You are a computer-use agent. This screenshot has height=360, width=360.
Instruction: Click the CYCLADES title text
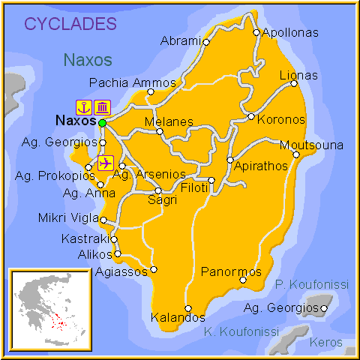click(75, 23)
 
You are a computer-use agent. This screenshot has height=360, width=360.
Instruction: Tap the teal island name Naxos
click(88, 59)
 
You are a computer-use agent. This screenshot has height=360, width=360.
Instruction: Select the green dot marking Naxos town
click(102, 121)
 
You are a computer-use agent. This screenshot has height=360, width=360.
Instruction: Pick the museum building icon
click(103, 106)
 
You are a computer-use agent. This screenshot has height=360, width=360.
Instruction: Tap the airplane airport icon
click(105, 162)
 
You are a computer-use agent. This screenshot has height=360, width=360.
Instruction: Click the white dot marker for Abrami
click(206, 42)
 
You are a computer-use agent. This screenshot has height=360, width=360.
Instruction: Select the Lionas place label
click(298, 75)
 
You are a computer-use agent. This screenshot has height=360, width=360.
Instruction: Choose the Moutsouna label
click(311, 145)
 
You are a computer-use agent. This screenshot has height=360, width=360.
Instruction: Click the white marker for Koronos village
click(251, 116)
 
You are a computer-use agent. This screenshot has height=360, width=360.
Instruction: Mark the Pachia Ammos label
click(133, 82)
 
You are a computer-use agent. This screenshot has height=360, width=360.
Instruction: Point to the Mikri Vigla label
click(67, 218)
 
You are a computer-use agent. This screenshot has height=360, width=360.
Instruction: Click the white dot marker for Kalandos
click(188, 308)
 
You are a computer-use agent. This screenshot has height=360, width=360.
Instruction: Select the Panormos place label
click(232, 271)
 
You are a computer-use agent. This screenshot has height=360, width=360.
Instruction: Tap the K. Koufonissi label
click(241, 331)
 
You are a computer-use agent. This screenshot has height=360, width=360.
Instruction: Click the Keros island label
click(328, 342)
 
